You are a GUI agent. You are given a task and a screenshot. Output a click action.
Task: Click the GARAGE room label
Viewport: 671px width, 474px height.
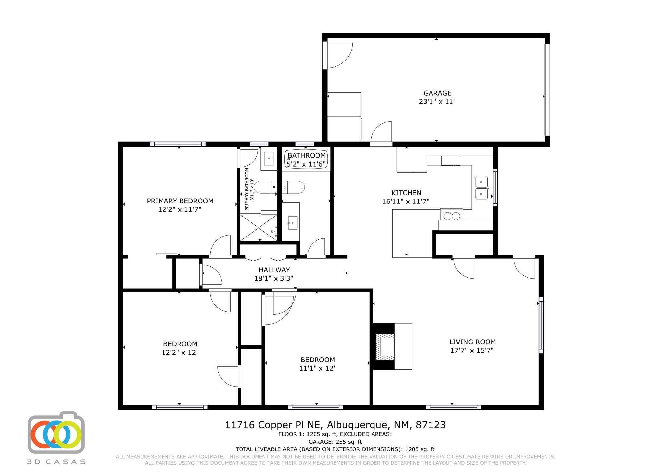(x=437, y=93)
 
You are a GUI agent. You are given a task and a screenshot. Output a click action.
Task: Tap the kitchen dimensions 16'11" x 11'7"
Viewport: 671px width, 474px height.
(x=406, y=202)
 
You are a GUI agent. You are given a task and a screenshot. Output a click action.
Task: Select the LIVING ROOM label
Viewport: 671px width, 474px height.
(x=472, y=342)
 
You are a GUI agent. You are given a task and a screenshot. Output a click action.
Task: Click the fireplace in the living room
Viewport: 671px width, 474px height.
(x=385, y=346)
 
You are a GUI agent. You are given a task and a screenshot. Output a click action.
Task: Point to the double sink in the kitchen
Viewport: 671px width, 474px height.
(x=481, y=188)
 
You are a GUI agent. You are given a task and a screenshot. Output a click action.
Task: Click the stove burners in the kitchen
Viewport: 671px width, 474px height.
(x=451, y=216)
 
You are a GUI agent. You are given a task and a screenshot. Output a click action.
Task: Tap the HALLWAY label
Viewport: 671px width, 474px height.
(x=274, y=270)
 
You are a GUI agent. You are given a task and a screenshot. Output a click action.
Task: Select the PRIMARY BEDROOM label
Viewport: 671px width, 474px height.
(x=180, y=201)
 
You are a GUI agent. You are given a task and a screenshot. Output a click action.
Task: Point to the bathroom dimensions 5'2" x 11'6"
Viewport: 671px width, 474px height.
(x=306, y=164)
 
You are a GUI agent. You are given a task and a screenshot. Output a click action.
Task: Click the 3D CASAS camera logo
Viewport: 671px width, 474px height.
(x=56, y=434)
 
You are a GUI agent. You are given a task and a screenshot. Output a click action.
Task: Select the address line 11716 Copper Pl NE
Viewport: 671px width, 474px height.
(x=335, y=425)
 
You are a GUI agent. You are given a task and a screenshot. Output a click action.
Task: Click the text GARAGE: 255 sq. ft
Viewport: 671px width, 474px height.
(x=335, y=442)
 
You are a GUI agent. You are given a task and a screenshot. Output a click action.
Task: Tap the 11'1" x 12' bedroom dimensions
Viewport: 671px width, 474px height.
(x=317, y=368)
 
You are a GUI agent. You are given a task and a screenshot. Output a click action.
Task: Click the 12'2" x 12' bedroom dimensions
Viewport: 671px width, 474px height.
(x=180, y=353)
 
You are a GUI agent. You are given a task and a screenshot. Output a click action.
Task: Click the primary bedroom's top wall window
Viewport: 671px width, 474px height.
(x=178, y=144)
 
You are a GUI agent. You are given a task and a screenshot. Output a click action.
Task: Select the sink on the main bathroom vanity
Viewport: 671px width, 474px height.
(x=293, y=223)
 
